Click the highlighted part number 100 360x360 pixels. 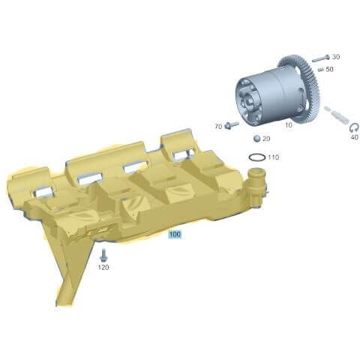[175, 234]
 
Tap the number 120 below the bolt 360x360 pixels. [103, 268]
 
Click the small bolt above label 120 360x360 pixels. [103, 254]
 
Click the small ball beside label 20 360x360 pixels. [256, 139]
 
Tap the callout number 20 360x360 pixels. [267, 139]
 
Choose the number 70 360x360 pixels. [218, 127]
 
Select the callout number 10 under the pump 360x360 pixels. [289, 125]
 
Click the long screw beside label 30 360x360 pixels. [319, 58]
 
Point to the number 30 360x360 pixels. [335, 57]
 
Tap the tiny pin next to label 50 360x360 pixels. [319, 70]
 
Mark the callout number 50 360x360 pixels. [330, 70]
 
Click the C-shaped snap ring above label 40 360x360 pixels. [354, 127]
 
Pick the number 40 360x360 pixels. [354, 138]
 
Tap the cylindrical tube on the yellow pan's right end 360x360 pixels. [256, 184]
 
